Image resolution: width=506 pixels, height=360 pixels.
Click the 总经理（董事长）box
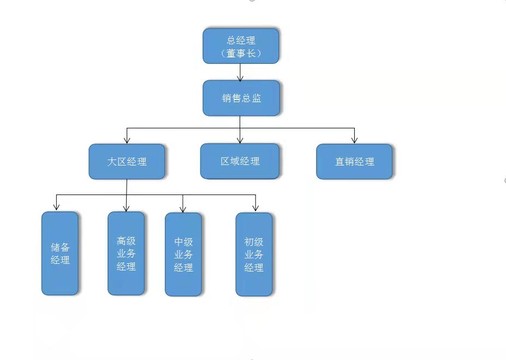point(241,46)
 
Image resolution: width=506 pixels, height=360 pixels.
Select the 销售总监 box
point(241,98)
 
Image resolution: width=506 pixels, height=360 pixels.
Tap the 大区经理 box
point(127,162)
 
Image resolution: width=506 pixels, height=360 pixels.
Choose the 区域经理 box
point(240,161)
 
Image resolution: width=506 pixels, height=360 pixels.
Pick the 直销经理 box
point(354,162)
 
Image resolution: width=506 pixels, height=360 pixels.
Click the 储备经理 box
point(60,253)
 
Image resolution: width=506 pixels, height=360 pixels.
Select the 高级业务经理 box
point(126,253)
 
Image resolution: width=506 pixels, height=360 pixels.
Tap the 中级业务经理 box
point(183,255)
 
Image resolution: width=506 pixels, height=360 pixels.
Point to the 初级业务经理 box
point(254,255)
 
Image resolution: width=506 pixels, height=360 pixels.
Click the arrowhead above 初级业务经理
point(255,208)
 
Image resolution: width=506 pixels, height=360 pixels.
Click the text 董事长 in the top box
point(241,54)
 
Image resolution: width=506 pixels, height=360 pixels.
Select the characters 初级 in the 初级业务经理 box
point(254,241)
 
